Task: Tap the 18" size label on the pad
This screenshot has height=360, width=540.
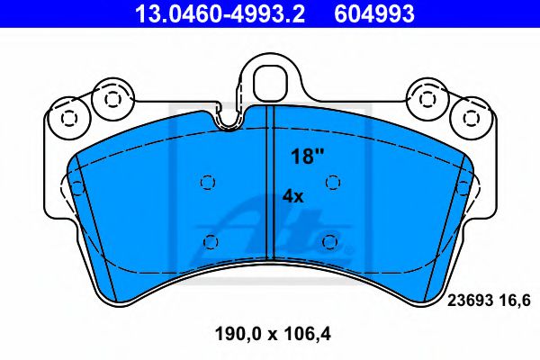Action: (x=306, y=156)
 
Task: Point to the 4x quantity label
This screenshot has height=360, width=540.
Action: (x=292, y=195)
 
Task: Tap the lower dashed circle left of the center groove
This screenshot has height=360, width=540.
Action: (x=211, y=241)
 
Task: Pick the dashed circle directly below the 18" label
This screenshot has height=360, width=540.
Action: (x=333, y=182)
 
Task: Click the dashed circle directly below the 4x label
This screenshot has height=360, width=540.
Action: (x=329, y=241)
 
